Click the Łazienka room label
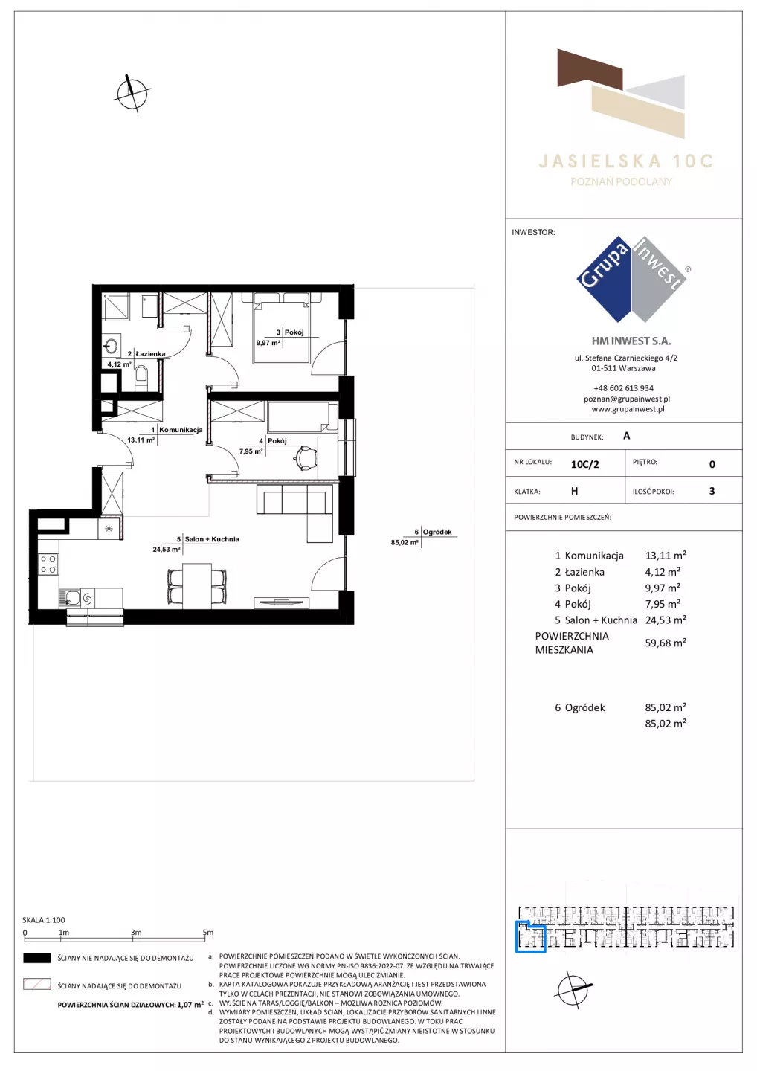150,354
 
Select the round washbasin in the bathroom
112,345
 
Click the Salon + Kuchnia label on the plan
212,539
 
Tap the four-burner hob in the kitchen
48,564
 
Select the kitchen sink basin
72,597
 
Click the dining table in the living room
197,586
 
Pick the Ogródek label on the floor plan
437,532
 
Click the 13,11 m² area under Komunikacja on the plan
141,440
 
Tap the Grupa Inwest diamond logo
632,279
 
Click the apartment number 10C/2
584,464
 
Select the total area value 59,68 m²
666,643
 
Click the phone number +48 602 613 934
624,388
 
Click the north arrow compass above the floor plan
132,93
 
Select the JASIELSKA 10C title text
625,161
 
